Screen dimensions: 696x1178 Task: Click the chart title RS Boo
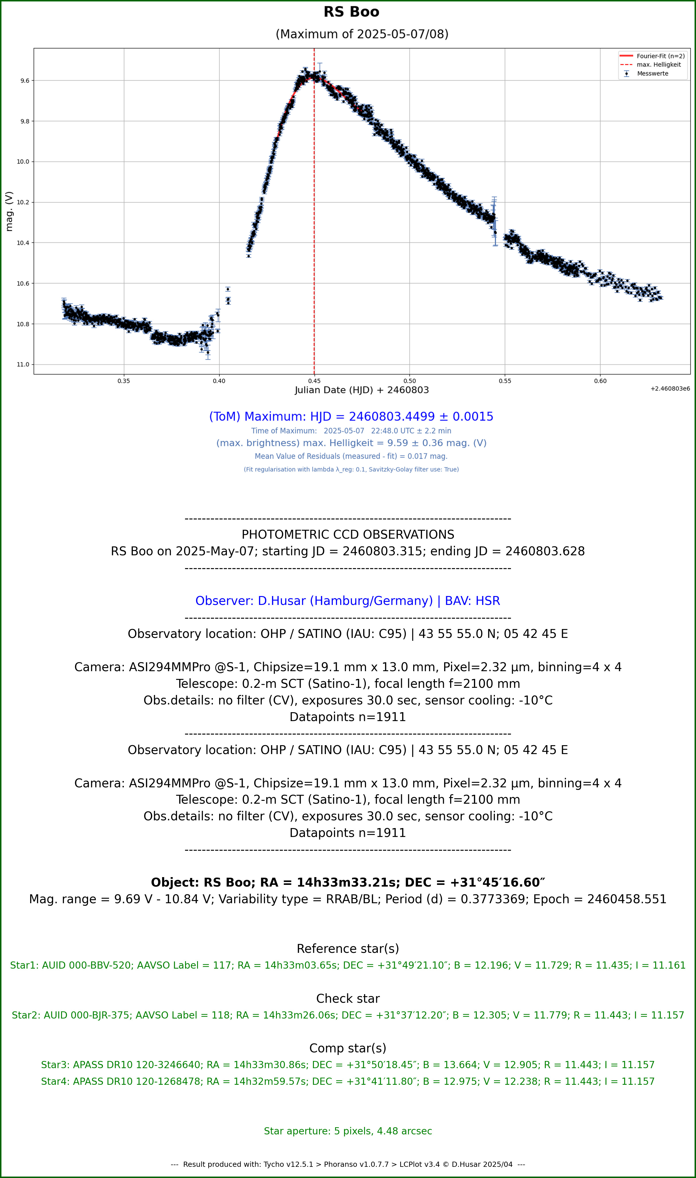(351, 12)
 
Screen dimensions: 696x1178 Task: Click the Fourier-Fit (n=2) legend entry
(652, 56)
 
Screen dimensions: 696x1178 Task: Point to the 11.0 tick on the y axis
(23, 365)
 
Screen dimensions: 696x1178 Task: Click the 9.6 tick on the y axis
(24, 81)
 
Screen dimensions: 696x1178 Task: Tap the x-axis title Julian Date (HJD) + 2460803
(361, 390)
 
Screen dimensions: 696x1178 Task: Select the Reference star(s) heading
(348, 949)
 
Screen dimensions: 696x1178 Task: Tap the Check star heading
(348, 998)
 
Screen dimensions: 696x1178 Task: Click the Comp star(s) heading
(348, 1048)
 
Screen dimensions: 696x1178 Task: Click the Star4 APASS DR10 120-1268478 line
(348, 1081)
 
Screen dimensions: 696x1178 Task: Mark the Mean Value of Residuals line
(351, 456)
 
